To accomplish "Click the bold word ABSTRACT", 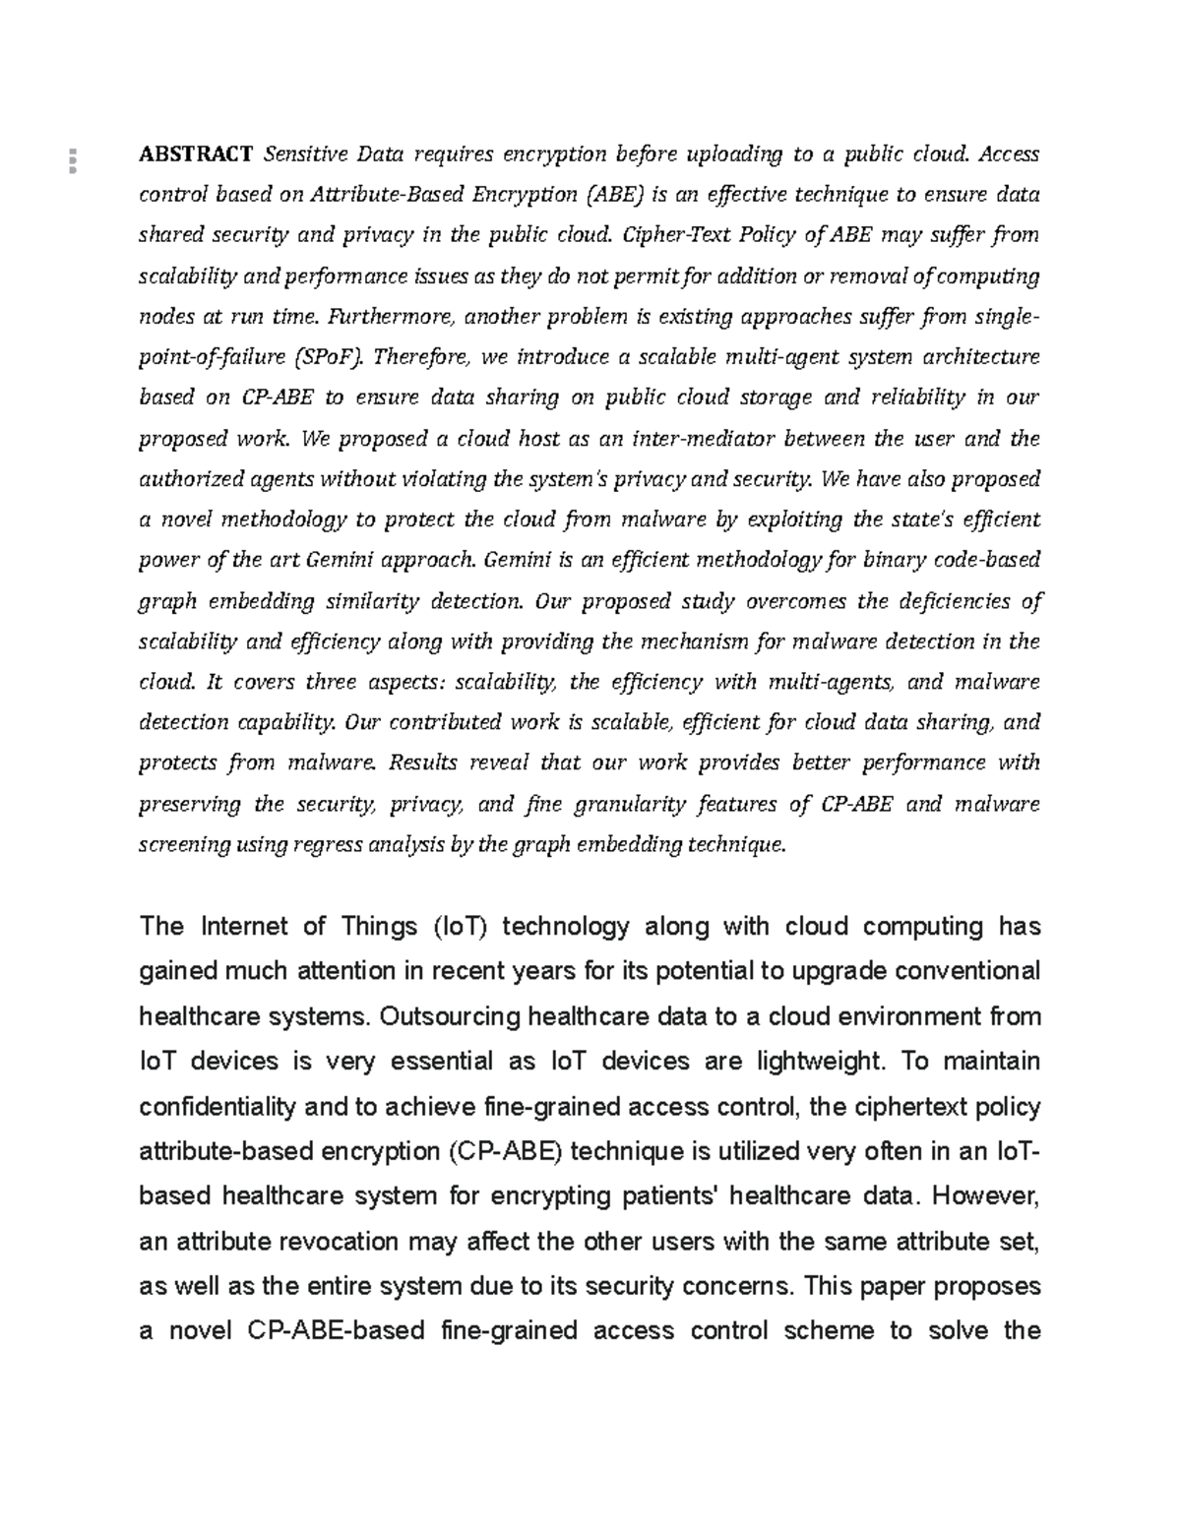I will [x=196, y=154].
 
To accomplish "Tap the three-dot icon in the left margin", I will [x=73, y=161].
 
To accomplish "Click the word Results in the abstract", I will [x=429, y=764].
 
